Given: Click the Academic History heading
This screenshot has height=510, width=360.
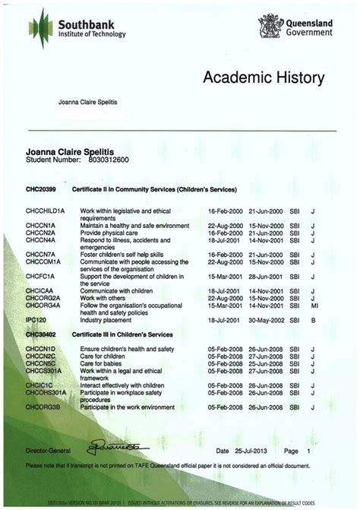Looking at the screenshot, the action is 264,78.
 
